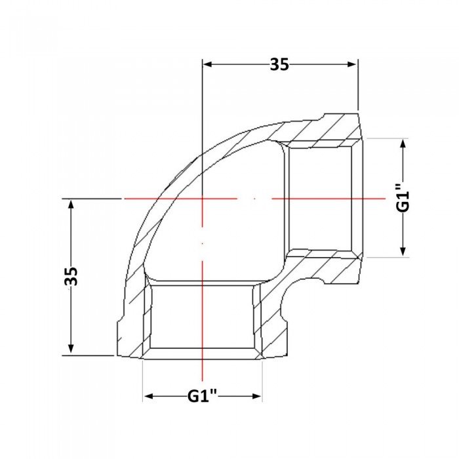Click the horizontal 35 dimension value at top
(279, 64)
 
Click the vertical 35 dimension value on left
(71, 276)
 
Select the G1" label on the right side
(403, 198)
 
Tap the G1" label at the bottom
(202, 396)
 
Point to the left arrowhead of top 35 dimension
(208, 64)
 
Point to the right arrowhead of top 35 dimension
(352, 64)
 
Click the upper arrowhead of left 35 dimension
(71, 204)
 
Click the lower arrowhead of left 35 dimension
(71, 348)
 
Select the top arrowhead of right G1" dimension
(403, 144)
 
